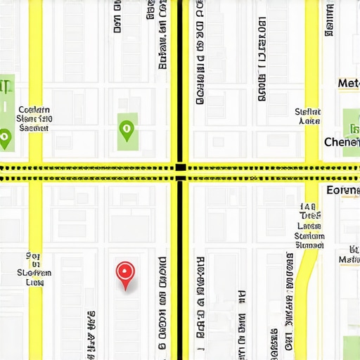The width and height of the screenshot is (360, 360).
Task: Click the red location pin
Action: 125,271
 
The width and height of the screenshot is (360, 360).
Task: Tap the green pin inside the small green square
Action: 127,128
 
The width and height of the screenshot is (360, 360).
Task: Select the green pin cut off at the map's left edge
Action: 5,137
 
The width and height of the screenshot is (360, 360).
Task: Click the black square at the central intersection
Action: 181,167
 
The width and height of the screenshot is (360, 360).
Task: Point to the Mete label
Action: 348,84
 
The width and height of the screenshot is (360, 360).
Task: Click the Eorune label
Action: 343,191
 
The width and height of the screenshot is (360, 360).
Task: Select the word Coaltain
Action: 34,110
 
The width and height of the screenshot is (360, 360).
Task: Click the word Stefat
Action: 307,112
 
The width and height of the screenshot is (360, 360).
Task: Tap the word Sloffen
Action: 34,273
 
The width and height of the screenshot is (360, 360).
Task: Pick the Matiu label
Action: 349,259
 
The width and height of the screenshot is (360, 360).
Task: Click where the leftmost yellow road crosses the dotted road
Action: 34,168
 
